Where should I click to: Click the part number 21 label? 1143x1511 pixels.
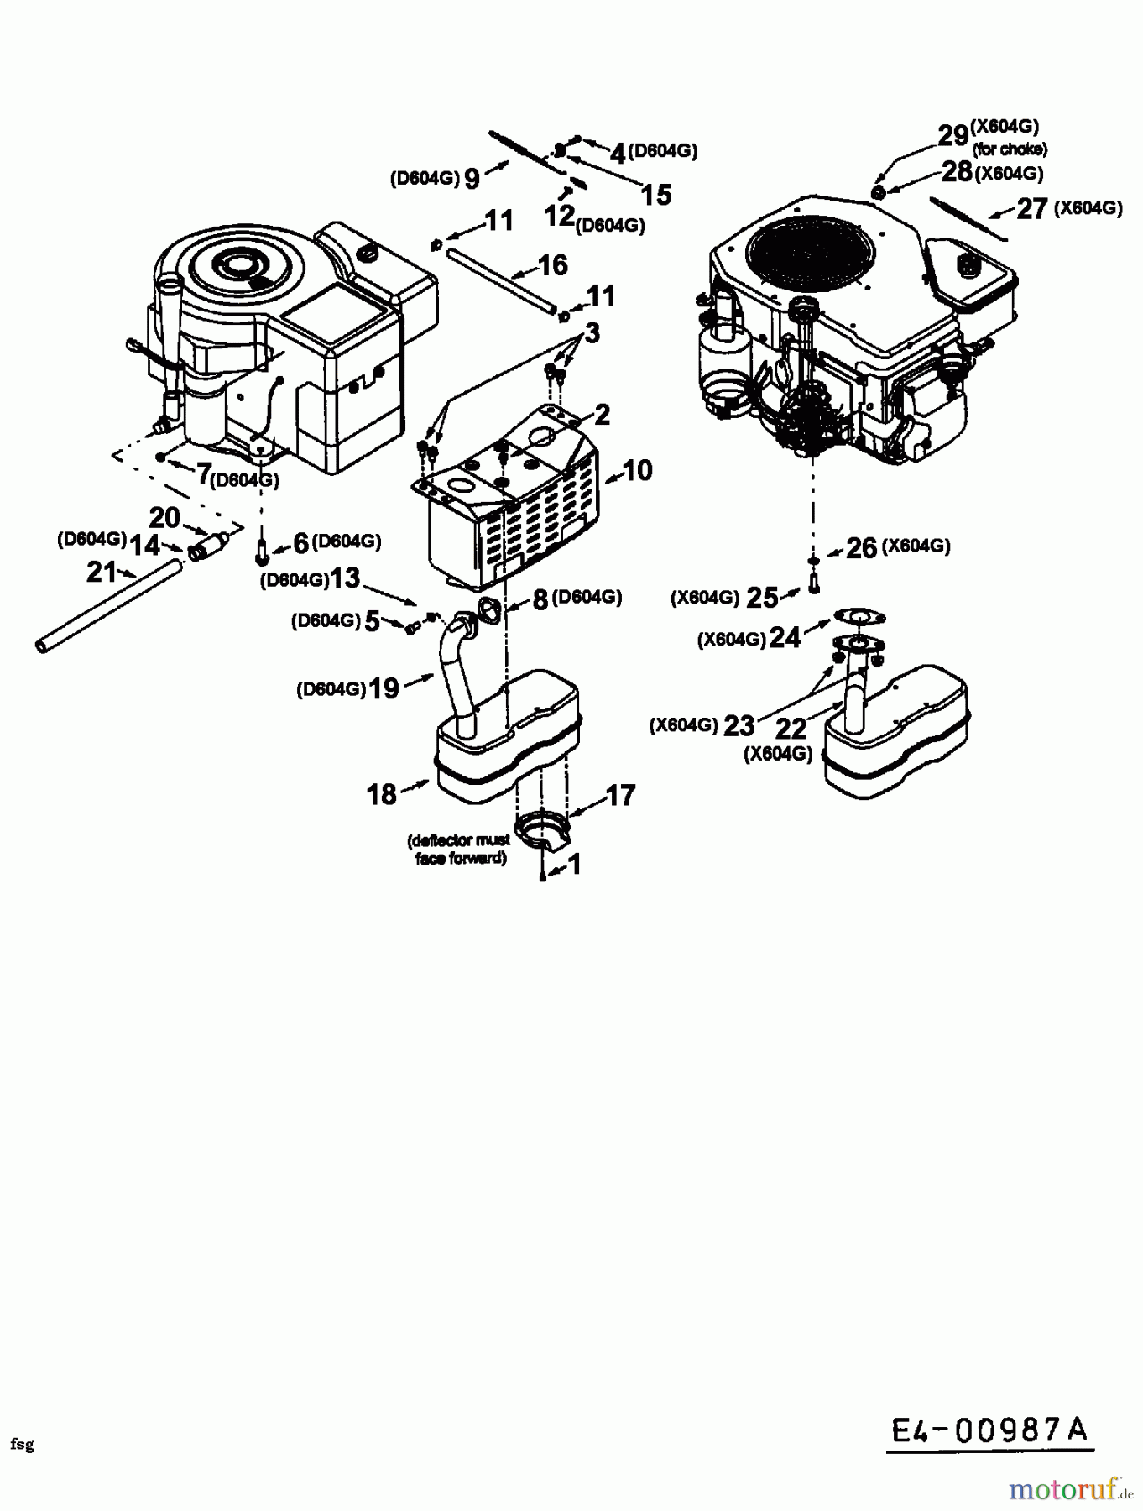click(x=101, y=573)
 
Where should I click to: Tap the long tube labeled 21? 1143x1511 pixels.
click(x=109, y=604)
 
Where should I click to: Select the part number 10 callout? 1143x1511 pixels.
click(x=638, y=471)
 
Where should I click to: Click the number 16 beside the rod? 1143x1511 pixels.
click(x=552, y=266)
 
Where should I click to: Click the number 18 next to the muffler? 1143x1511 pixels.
click(x=381, y=794)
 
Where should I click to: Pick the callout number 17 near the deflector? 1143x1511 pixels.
click(x=620, y=795)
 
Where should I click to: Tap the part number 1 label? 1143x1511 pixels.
click(x=574, y=864)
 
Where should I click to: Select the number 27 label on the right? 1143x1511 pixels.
click(x=1032, y=208)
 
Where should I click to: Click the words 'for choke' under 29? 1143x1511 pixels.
click(x=1010, y=150)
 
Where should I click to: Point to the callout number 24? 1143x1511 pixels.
click(x=785, y=638)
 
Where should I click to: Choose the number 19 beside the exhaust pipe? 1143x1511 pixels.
click(x=384, y=689)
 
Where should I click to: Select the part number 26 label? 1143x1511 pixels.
click(x=861, y=548)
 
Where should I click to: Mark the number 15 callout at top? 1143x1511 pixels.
click(x=656, y=195)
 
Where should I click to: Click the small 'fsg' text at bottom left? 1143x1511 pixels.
click(x=23, y=1444)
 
